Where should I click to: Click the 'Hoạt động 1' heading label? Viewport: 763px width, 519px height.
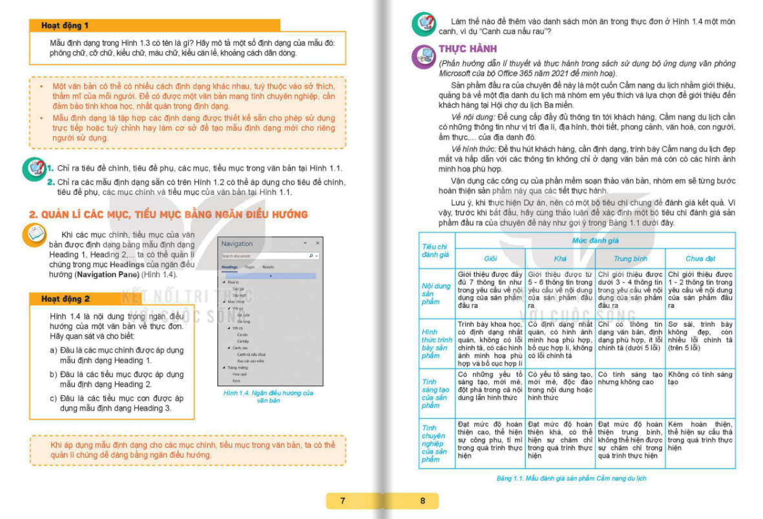[65, 26]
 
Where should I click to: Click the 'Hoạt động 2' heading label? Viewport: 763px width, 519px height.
[65, 299]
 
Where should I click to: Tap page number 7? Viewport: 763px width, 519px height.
[342, 500]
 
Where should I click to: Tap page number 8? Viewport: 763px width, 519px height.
[423, 500]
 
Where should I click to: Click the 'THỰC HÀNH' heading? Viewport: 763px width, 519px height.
[468, 49]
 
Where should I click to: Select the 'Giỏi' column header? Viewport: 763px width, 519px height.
[490, 258]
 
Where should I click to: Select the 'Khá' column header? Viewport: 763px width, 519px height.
[560, 258]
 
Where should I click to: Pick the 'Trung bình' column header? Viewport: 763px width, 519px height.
[630, 258]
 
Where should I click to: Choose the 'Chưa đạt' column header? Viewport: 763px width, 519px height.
[700, 258]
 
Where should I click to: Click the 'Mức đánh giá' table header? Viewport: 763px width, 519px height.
[595, 240]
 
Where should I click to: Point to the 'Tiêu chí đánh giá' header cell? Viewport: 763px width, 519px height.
[436, 250]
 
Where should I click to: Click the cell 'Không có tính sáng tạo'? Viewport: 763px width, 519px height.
[700, 378]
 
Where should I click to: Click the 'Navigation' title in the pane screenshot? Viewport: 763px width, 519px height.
[237, 243]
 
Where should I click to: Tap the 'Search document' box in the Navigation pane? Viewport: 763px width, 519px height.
[262, 256]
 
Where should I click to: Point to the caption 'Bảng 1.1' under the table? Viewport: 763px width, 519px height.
[571, 478]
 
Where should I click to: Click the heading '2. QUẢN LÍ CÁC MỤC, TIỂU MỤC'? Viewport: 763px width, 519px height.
[169, 214]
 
